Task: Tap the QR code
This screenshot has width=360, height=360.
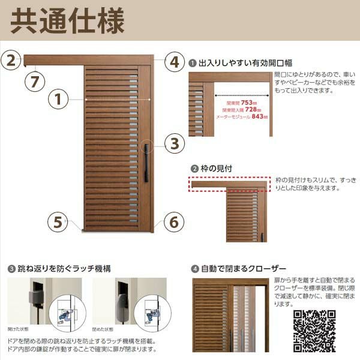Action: pos(314,331)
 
